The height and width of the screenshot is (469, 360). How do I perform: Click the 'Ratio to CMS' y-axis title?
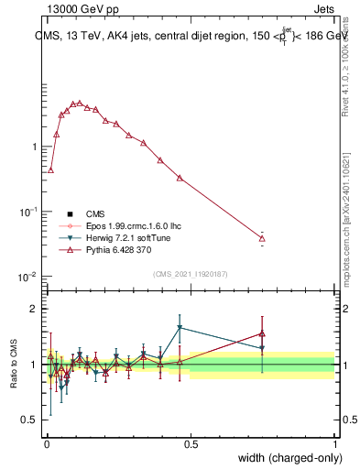point(14,365)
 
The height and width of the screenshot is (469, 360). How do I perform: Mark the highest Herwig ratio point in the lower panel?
point(180,327)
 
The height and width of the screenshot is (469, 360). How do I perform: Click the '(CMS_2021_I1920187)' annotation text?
point(191,273)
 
